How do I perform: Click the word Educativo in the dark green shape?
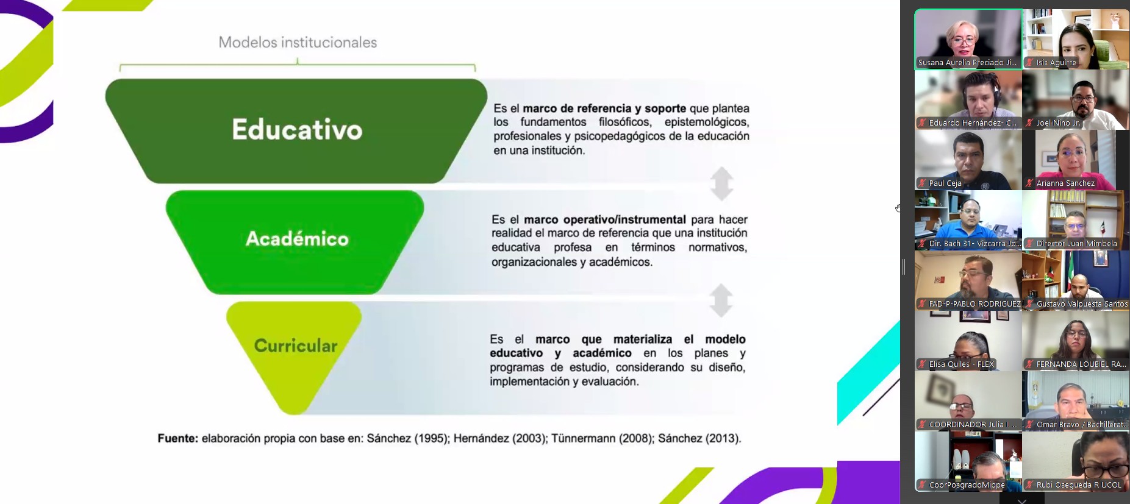pyautogui.click(x=297, y=130)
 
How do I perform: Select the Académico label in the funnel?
pyautogui.click(x=297, y=238)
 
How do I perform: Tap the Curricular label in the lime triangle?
pyautogui.click(x=296, y=346)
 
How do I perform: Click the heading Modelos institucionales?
pyautogui.click(x=298, y=42)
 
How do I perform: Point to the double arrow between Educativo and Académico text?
pyautogui.click(x=721, y=183)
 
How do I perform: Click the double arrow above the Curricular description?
pyautogui.click(x=721, y=300)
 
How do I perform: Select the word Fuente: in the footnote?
pyautogui.click(x=178, y=438)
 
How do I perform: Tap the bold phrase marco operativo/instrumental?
pyautogui.click(x=605, y=219)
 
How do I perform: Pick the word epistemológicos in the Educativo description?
pyautogui.click(x=707, y=122)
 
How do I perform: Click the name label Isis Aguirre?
pyautogui.click(x=1056, y=63)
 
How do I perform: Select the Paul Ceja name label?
pyautogui.click(x=945, y=183)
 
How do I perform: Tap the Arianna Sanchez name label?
pyautogui.click(x=1065, y=183)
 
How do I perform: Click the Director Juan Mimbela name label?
pyautogui.click(x=1076, y=244)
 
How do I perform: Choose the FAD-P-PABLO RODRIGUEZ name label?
pyautogui.click(x=974, y=304)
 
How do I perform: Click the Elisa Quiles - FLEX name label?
pyautogui.click(x=961, y=364)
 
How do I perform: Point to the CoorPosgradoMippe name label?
pyautogui.click(x=967, y=485)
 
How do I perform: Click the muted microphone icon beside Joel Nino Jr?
pyautogui.click(x=1029, y=123)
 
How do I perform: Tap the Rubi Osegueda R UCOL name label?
pyautogui.click(x=1079, y=485)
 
